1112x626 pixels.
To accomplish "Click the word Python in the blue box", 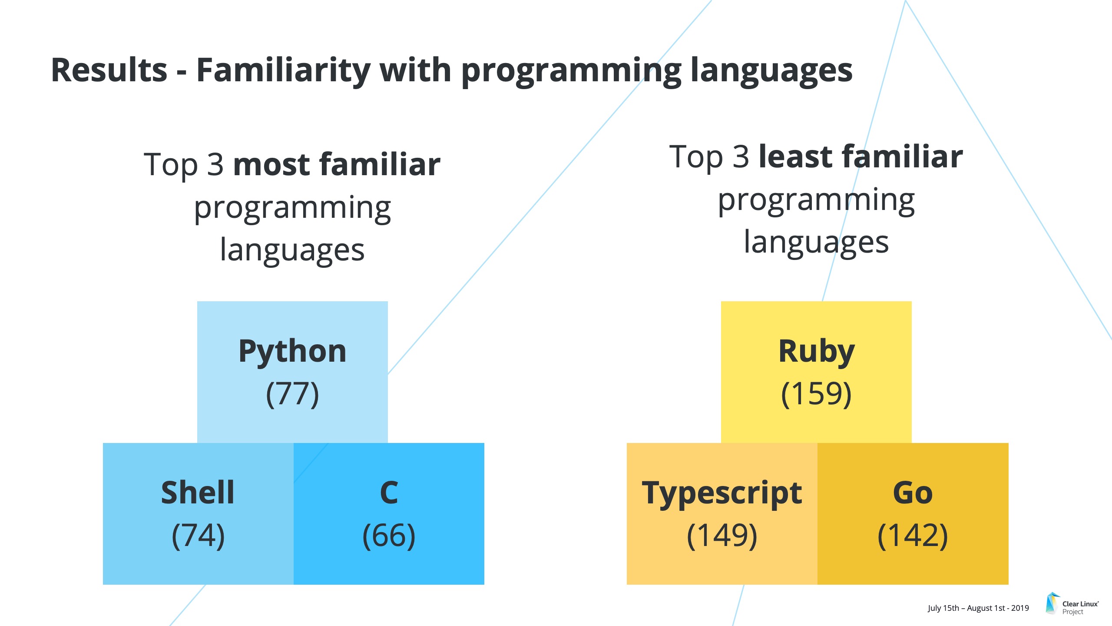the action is click(292, 353).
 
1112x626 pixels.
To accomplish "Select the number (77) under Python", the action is click(292, 394).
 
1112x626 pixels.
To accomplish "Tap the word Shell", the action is click(198, 493).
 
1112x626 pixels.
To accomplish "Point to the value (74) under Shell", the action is click(198, 536).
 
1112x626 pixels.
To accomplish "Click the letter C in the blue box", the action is click(389, 493).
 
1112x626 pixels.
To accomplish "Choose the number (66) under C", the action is click(389, 536).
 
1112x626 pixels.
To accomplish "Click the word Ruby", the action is click(817, 353).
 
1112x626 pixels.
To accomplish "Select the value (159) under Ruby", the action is click(816, 394).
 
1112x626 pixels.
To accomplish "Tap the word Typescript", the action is click(722, 494).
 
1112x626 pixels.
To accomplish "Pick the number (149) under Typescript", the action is click(722, 536).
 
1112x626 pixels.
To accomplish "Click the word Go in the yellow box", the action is click(913, 493).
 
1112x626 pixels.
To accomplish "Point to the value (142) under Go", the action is click(913, 536).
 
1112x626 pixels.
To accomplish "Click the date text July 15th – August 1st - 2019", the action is click(978, 608).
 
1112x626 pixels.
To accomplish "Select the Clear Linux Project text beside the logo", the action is click(1080, 608).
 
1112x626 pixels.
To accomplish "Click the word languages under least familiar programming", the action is click(816, 243).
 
